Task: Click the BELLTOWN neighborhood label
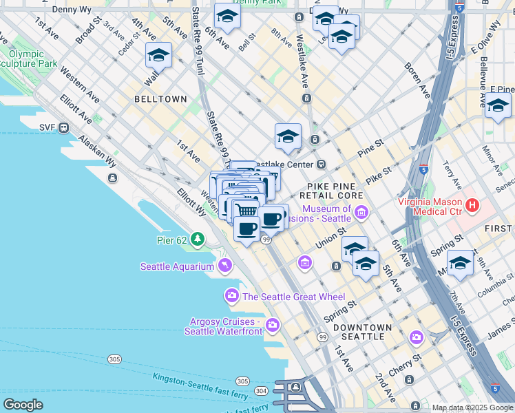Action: tap(160, 99)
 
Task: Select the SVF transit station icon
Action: tap(63, 127)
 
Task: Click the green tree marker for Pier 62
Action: tap(198, 239)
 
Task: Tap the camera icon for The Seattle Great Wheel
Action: tap(231, 296)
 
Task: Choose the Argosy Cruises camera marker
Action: tap(273, 324)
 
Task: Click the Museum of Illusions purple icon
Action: tap(361, 213)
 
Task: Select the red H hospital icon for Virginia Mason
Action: tap(472, 204)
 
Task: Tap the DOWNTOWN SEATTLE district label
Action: tap(363, 332)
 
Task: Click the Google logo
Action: tap(23, 405)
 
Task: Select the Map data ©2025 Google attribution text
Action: tap(472, 407)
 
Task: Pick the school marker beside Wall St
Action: tap(158, 55)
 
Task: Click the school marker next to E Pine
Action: tap(498, 105)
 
